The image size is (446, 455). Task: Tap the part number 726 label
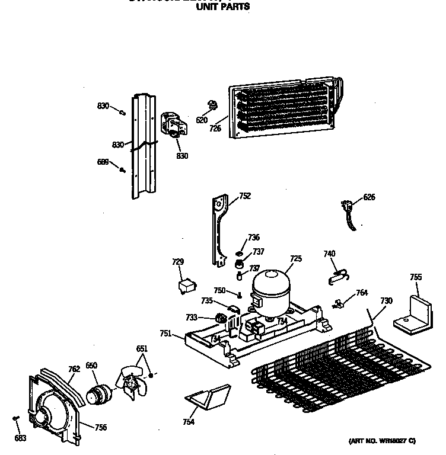(214, 127)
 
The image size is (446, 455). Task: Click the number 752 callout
(244, 197)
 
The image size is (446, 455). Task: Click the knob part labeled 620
(211, 106)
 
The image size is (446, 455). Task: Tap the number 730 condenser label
(386, 301)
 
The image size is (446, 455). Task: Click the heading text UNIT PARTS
(222, 7)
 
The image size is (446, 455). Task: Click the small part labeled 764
(339, 303)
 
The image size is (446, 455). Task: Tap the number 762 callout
(74, 369)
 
